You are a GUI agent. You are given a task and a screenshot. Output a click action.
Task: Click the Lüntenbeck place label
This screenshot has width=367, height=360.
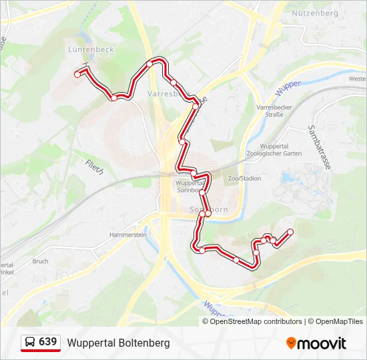pos(91,49)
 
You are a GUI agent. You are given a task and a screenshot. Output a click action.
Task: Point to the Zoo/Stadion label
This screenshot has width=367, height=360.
pos(244,179)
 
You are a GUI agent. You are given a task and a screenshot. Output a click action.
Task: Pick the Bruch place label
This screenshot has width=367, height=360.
pos(39,261)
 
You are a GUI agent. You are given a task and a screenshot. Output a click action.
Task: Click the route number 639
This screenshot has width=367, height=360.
pos(47,342)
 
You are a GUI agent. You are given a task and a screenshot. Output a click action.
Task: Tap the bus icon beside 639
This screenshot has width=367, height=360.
pos(31,343)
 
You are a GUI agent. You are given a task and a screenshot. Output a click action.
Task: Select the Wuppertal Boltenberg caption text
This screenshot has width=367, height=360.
pos(118,343)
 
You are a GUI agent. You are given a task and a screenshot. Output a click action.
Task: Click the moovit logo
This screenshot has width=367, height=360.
pos(316,343)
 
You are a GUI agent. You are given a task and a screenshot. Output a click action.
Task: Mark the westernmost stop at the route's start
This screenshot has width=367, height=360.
pos(77,75)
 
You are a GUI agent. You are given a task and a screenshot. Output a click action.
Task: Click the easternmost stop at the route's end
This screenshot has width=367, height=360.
pos(290,232)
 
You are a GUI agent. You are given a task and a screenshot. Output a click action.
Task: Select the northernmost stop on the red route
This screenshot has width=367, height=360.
pos(150,63)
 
